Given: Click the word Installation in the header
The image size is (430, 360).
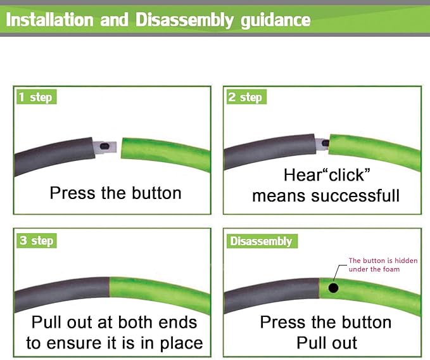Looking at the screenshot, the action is (x=49, y=20).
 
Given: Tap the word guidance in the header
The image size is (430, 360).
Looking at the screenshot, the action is (x=275, y=21).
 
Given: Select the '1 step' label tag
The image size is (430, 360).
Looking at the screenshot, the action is (x=37, y=97).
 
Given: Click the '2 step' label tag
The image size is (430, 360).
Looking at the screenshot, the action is (x=246, y=97).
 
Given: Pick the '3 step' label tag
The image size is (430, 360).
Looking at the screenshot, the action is (x=37, y=241).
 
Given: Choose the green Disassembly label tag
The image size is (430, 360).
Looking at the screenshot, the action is (x=262, y=241).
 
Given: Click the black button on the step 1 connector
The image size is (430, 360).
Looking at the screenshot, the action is (x=104, y=146).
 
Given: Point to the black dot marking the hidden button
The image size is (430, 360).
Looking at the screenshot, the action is (x=333, y=288).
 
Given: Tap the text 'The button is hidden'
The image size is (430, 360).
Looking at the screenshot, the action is (x=383, y=260).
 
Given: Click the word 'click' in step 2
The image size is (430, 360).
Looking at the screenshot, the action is (x=346, y=175).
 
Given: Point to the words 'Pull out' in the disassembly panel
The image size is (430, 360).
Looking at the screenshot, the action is (x=327, y=343).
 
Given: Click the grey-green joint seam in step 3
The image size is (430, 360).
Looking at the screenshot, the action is (x=110, y=287).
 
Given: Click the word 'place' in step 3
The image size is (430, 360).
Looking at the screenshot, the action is (x=181, y=344).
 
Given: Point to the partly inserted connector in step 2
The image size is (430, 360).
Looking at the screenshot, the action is (x=322, y=144).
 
